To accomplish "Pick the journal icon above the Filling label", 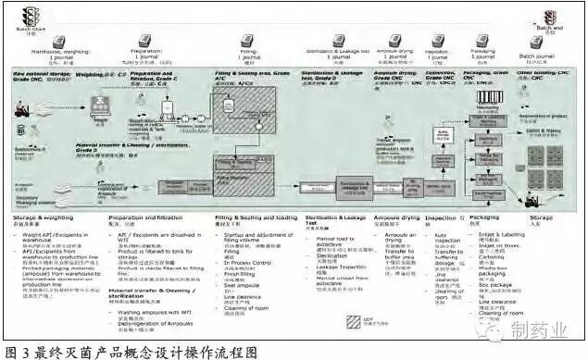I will (248, 41).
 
